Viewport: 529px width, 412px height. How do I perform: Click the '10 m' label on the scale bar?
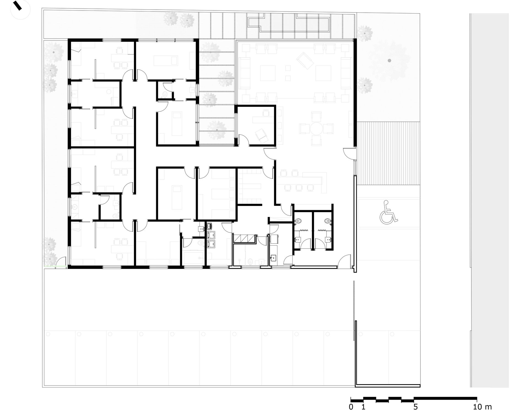[483, 407]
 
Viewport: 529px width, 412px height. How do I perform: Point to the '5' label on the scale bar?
[415, 407]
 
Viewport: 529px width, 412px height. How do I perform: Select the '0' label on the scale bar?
[351, 407]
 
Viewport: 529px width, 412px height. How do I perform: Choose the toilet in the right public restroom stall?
[327, 221]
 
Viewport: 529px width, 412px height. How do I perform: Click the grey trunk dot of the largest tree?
[389, 60]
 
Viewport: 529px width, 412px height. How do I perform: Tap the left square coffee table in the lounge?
[268, 73]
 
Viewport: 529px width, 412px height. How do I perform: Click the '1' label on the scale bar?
[363, 407]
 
